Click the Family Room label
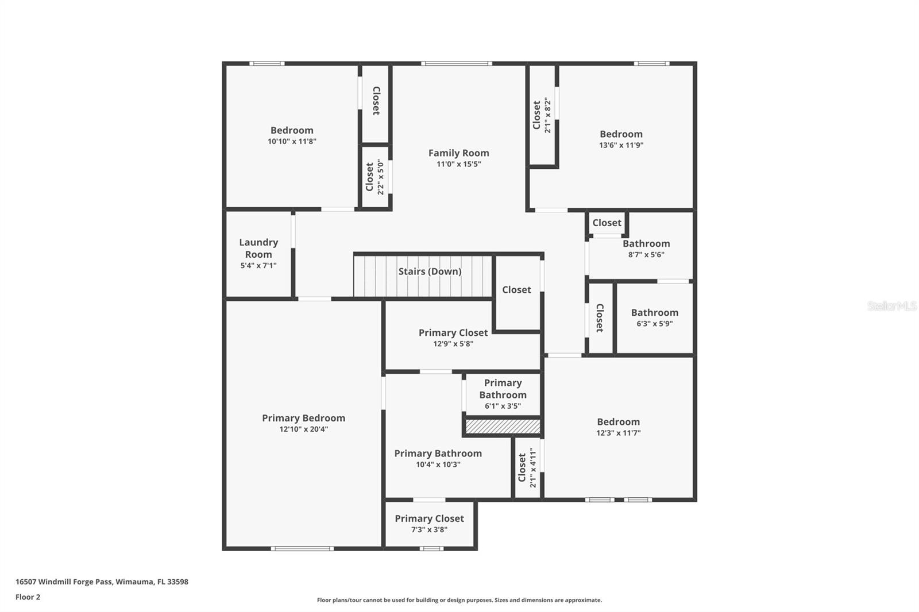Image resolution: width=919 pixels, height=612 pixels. coord(459,153)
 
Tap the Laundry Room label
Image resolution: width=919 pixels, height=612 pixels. coord(258,248)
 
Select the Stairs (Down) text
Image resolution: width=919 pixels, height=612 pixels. coord(430,272)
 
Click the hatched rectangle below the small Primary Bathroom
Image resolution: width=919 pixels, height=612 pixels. coord(503,426)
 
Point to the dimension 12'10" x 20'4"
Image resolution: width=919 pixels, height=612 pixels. coord(304,429)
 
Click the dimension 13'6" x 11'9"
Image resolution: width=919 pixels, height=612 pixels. coord(621,145)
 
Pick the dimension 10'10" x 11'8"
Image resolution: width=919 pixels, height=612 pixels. coord(292,141)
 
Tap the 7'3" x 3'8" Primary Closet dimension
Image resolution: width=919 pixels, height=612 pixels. coord(429,529)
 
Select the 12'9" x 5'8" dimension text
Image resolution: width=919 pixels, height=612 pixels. coord(453,343)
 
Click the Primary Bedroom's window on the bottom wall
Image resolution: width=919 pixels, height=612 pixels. coord(302,548)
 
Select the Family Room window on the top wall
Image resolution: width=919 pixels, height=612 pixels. coord(457,64)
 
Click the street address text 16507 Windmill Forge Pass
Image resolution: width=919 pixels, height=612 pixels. coord(64,582)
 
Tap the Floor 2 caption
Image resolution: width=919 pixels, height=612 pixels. coord(28,597)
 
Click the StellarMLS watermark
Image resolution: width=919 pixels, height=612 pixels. coord(892,305)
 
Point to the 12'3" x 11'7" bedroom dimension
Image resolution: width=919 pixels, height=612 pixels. coord(618,432)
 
